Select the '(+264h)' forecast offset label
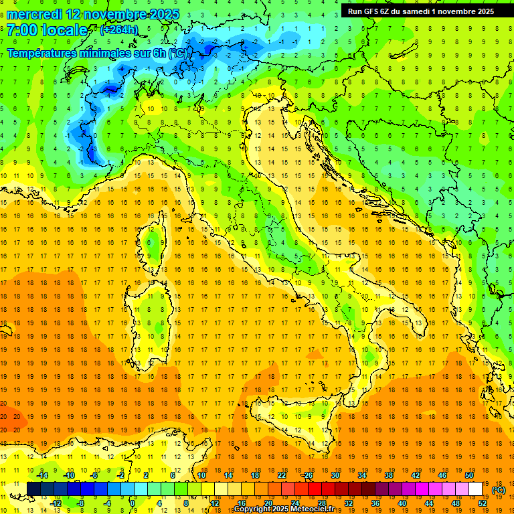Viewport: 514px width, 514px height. pos(119,29)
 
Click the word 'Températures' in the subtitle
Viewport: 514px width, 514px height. pos(44,53)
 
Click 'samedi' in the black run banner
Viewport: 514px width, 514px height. pos(418,11)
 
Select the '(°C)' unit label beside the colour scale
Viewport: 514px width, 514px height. pos(499,490)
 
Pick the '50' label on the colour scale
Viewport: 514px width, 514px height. pos(469,475)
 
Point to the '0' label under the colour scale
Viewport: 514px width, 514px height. pos(133,503)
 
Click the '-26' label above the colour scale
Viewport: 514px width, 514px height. pos(307,475)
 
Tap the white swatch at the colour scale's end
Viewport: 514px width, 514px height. pos(475,489)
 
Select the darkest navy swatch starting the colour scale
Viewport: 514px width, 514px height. pos(33,489)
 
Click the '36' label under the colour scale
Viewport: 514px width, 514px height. pos(375,503)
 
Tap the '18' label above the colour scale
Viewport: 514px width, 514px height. pos(254,475)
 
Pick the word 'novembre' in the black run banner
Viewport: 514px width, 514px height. pos(460,11)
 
